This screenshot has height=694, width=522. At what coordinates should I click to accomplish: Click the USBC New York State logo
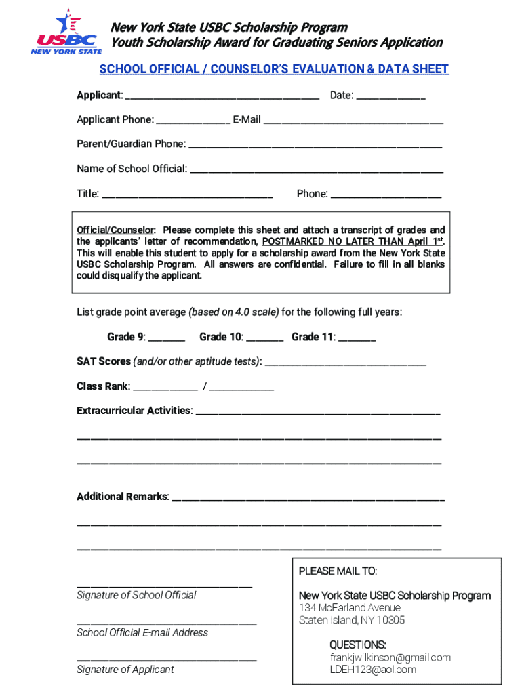(x=66, y=32)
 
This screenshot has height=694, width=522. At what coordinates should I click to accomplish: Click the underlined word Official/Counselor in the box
(x=115, y=230)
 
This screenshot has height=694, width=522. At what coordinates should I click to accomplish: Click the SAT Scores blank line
(x=345, y=364)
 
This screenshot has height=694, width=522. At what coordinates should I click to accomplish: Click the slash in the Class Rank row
(x=204, y=387)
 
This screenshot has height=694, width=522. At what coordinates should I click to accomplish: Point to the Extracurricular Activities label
(x=134, y=411)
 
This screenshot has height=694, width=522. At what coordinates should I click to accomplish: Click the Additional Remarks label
(x=123, y=497)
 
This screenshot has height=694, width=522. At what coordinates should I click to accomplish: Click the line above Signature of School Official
(x=164, y=585)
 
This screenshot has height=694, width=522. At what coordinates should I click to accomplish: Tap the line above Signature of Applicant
(x=166, y=659)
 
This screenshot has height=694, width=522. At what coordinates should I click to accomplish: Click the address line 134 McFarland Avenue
(x=350, y=608)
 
